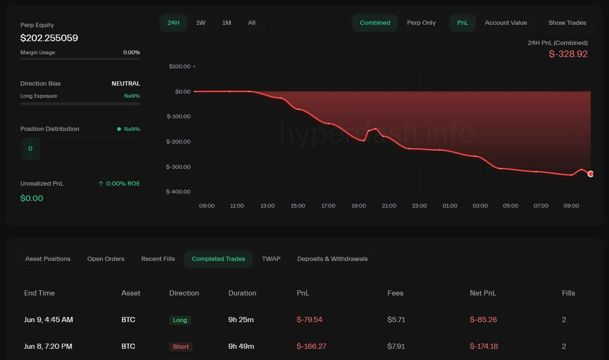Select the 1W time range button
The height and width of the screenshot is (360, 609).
click(201, 23)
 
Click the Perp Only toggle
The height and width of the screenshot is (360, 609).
click(421, 23)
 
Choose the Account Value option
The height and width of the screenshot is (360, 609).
click(506, 23)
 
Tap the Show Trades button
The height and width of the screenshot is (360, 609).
click(567, 23)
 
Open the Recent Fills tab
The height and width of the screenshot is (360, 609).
click(158, 259)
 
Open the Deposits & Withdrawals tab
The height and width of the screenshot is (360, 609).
click(332, 259)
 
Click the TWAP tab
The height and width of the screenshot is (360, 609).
click(271, 259)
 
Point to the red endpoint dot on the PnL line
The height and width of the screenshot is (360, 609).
click(590, 174)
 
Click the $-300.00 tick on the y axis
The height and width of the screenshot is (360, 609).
click(178, 167)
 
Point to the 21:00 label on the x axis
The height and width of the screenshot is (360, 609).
click(389, 206)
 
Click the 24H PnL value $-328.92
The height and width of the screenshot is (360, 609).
click(568, 54)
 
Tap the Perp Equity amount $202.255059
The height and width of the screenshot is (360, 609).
click(49, 38)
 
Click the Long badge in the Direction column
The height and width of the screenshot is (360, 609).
click(180, 320)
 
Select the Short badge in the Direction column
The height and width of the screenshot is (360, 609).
click(181, 347)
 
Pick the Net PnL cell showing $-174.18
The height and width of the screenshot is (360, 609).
click(484, 346)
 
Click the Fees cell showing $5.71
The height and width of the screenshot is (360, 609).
click(396, 320)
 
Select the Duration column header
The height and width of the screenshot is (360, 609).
click(242, 293)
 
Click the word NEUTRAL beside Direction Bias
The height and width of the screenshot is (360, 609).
click(126, 84)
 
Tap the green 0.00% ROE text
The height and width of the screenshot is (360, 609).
click(123, 184)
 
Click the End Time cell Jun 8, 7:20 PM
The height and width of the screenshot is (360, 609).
click(48, 346)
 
